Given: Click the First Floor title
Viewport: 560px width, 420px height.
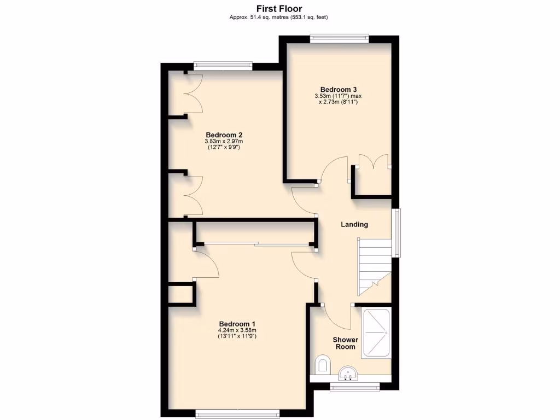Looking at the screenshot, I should (279, 8).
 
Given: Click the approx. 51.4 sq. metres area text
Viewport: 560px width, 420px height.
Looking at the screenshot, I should (279, 17).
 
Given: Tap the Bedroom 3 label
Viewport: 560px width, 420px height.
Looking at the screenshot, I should (339, 90).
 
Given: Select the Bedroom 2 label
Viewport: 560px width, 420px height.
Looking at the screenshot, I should (224, 135).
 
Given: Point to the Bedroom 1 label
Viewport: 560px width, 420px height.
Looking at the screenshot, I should (237, 323).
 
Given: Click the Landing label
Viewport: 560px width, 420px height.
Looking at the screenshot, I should (354, 224).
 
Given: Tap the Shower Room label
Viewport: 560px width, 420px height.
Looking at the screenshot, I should (345, 343).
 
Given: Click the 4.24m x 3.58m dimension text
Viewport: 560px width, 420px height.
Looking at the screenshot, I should (237, 330).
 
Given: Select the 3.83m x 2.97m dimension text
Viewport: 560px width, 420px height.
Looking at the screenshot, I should (224, 142).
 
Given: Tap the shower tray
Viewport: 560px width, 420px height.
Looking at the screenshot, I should (376, 334).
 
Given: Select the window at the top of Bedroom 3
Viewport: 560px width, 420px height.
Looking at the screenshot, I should (339, 38).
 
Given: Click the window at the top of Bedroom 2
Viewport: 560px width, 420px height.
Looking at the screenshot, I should (223, 65).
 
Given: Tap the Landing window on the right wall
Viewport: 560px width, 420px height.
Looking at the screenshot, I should (397, 232).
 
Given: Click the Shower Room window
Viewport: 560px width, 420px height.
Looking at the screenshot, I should (355, 388).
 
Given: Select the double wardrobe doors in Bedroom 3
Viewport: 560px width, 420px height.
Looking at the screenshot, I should (372, 162).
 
